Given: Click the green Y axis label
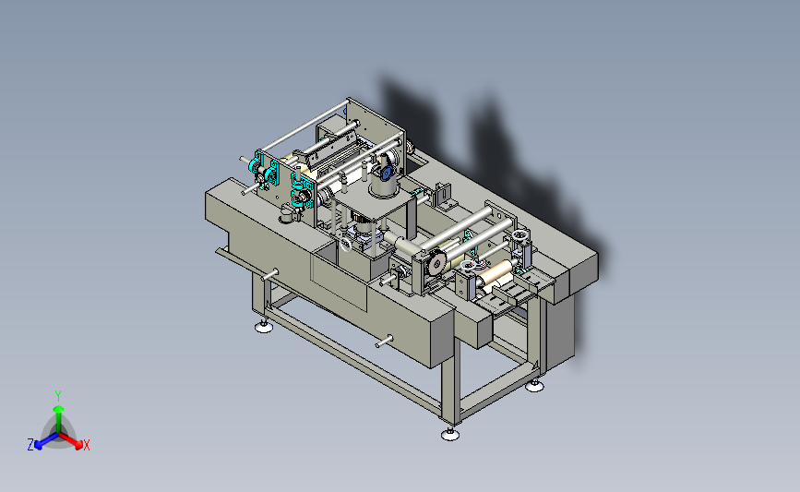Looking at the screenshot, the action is tap(58, 396).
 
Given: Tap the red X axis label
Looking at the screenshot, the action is tap(86, 445).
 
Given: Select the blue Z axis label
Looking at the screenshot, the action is tap(30, 445).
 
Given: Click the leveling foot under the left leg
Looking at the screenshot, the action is tap(264, 327).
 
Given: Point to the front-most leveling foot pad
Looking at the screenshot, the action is tap(450, 434).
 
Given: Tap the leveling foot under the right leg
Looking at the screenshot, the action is tap(534, 386).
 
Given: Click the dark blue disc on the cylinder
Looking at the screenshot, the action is tap(386, 174).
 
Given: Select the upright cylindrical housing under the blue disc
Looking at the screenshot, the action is tap(383, 186).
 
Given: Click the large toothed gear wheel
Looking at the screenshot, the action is tap(436, 264).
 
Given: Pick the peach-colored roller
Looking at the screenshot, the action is tap(496, 273).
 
